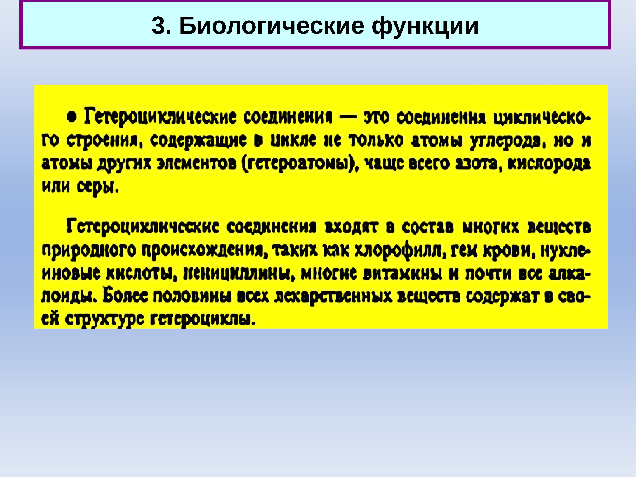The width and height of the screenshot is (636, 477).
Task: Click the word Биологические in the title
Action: [x=272, y=26]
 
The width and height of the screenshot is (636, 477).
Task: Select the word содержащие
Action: [x=198, y=141]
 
